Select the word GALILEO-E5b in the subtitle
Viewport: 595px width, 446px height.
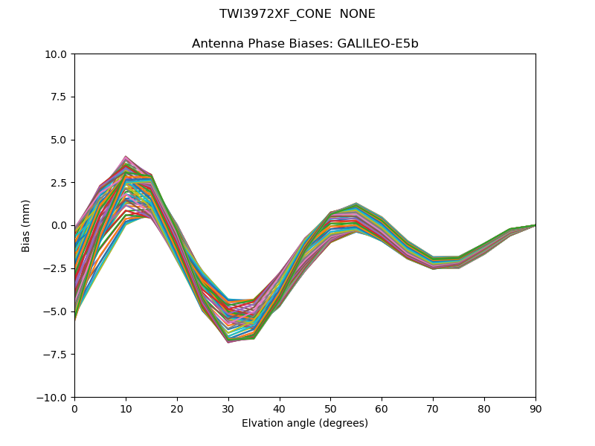[378, 44]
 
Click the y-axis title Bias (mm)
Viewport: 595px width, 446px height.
[26, 225]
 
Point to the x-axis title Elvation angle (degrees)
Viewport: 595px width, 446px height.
[305, 424]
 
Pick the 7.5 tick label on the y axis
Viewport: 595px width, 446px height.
[59, 97]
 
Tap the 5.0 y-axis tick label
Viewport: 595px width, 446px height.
[59, 140]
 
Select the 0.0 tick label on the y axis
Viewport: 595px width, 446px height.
[59, 225]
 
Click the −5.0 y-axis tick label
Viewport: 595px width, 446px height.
[56, 311]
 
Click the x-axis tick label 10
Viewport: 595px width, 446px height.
[126, 408]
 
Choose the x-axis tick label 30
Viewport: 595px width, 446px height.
[228, 408]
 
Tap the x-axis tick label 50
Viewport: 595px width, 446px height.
[330, 408]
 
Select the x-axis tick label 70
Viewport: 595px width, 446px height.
[433, 408]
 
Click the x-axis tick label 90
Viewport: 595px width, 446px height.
[535, 408]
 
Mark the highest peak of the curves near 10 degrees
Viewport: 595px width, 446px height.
[126, 157]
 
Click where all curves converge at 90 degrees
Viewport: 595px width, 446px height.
[535, 224]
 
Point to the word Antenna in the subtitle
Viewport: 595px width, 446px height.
[215, 44]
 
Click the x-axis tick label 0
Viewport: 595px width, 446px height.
[74, 408]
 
